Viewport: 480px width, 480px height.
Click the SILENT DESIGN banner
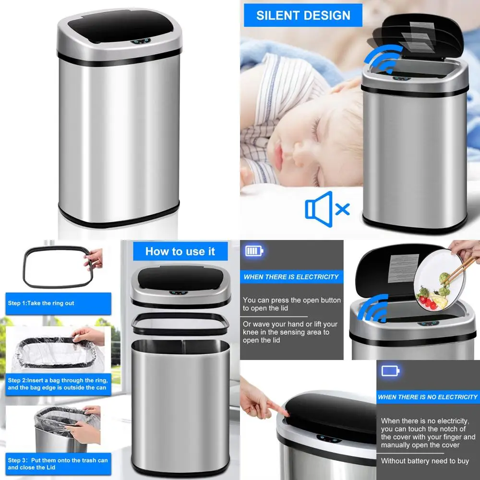pos(303,15)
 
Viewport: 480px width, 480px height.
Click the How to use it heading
pos(180,252)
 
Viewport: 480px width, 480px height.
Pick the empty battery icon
pos(390,371)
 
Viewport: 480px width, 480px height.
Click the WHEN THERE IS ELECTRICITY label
pos(291,277)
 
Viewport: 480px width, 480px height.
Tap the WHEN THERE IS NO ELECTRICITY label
pos(428,397)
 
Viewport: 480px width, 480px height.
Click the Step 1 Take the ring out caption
pos(41,303)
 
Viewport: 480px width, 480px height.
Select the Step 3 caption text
pos(58,464)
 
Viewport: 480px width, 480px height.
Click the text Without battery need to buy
pos(425,461)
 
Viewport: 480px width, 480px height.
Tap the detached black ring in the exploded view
pos(180,324)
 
